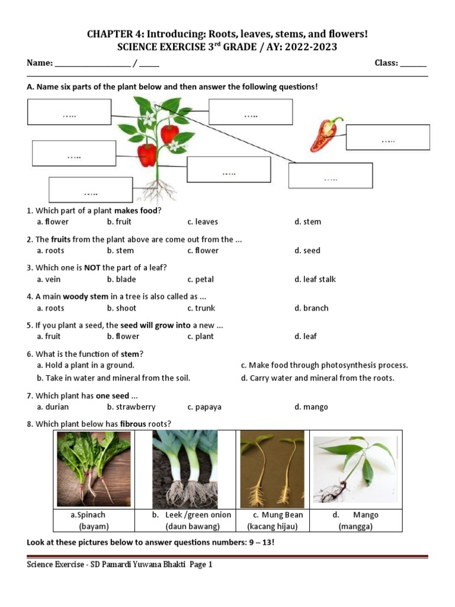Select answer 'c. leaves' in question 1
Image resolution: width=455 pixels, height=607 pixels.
click(203, 222)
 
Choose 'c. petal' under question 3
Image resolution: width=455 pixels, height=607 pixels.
click(200, 279)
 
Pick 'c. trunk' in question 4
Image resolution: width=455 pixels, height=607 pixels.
click(201, 308)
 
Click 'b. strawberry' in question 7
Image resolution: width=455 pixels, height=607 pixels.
click(131, 407)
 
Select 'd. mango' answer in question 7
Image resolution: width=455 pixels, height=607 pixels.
click(311, 407)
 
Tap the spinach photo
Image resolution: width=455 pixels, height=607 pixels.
click(94, 468)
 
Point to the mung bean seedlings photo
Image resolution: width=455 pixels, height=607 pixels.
click(272, 468)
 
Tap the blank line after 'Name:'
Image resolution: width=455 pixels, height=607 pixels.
click(92, 64)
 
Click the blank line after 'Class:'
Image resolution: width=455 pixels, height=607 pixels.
click(413, 64)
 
